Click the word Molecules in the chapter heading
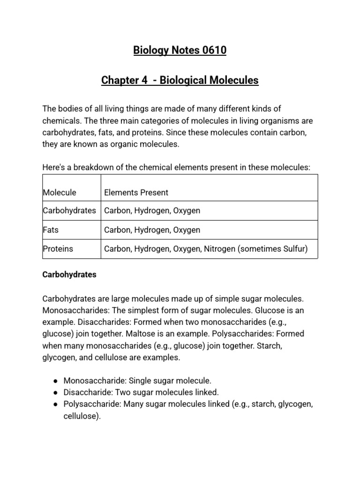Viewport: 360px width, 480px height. [233, 80]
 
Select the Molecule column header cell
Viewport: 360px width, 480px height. [60, 192]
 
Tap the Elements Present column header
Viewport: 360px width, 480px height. [136, 192]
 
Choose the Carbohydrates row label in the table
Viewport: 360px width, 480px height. [69, 210]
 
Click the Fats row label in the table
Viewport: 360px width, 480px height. [51, 230]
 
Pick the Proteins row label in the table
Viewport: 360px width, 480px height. [58, 249]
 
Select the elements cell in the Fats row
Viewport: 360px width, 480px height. [152, 230]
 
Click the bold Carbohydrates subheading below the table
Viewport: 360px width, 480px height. [69, 275]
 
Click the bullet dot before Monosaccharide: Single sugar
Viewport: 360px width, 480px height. [55, 381]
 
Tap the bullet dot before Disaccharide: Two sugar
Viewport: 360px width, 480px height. [55, 392]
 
